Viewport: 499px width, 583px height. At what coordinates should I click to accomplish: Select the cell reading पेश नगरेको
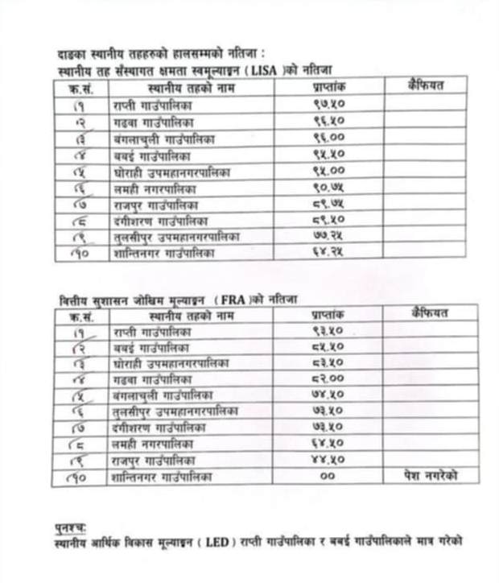click(x=431, y=477)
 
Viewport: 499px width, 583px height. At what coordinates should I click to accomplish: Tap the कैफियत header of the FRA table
click(x=430, y=313)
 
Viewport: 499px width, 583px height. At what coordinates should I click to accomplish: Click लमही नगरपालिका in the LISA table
click(x=153, y=188)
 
